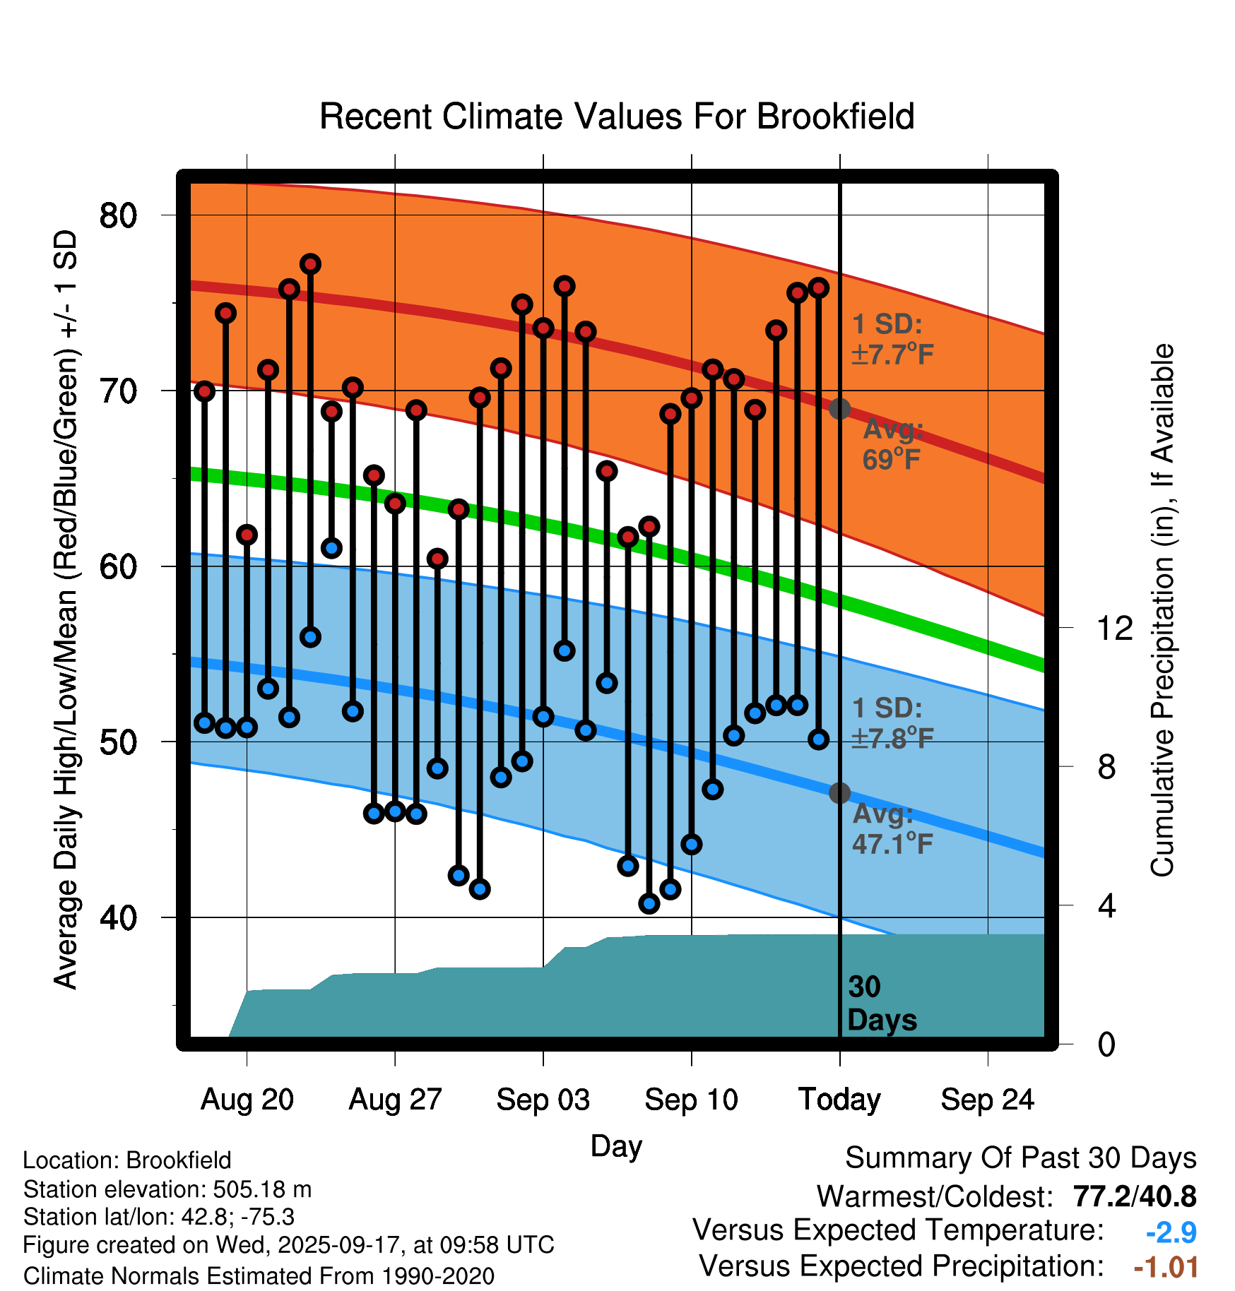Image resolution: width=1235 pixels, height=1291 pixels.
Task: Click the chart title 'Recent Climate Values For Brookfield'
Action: [x=617, y=117]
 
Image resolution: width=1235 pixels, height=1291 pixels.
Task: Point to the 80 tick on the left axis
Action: [x=118, y=215]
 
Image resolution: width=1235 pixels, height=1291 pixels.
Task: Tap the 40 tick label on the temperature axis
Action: [x=118, y=917]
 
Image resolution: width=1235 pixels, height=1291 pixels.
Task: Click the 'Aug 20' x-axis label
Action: [x=247, y=1100]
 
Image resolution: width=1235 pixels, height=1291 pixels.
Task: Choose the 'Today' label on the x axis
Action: [x=839, y=1100]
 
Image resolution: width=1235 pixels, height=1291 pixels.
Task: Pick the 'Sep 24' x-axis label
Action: [x=987, y=1100]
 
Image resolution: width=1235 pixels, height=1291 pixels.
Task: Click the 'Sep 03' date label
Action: [x=543, y=1100]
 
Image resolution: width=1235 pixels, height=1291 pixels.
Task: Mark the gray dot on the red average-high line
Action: [x=839, y=408]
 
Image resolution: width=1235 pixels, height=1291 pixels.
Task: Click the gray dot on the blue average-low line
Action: [x=839, y=793]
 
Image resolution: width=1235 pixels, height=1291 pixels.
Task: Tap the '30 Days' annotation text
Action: [x=881, y=1004]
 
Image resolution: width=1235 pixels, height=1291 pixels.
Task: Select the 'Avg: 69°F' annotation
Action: [x=892, y=444]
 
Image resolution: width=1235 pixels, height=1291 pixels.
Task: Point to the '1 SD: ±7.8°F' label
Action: [x=892, y=723]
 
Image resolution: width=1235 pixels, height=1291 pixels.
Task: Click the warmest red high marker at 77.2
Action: [x=310, y=264]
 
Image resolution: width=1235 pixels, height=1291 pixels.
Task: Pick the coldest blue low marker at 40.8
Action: [x=649, y=903]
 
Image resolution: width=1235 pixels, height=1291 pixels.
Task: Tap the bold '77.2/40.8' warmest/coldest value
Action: [x=1134, y=1196]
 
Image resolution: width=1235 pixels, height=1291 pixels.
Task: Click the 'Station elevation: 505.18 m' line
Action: [x=167, y=1189]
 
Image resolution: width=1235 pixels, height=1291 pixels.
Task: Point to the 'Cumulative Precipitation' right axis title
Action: [x=1162, y=611]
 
